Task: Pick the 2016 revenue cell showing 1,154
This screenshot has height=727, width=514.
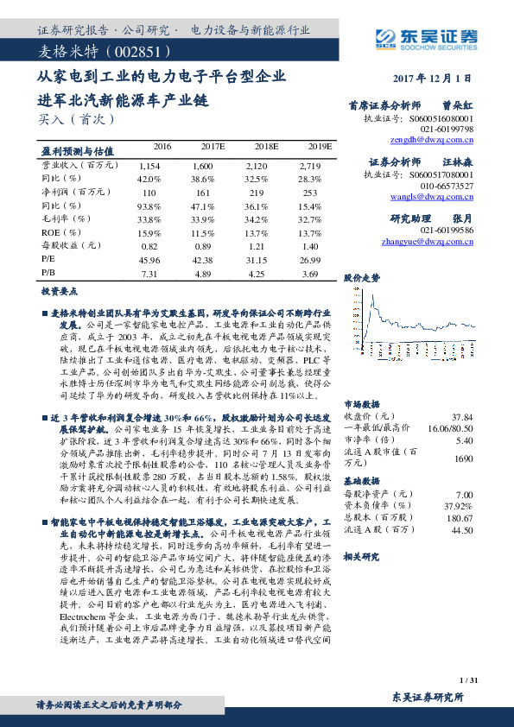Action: pyautogui.click(x=149, y=164)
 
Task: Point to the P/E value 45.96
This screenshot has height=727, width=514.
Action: pyautogui.click(x=149, y=258)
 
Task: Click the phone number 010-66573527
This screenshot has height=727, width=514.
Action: pyautogui.click(x=447, y=186)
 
